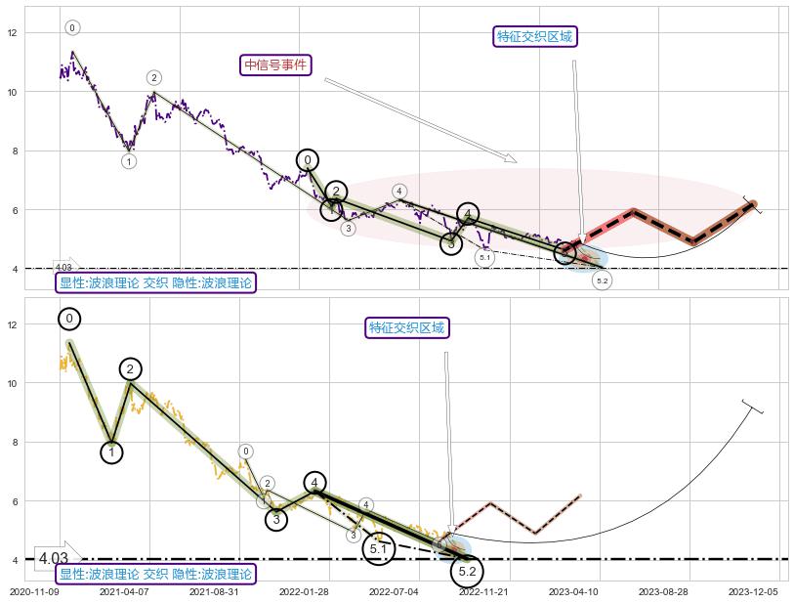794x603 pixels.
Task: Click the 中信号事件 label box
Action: [275, 65]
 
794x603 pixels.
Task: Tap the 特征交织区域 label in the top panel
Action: [534, 37]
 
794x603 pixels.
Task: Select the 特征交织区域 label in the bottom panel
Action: [406, 327]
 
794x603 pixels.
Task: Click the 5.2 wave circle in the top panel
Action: [602, 280]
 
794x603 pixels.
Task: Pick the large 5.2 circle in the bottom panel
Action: [467, 571]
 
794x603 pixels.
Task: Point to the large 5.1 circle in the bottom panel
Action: [379, 549]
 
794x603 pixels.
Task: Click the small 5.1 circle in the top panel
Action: [484, 257]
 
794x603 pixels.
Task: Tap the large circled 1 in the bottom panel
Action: [111, 452]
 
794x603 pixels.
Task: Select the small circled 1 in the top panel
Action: [129, 161]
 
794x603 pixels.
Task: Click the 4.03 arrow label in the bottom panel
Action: [56, 558]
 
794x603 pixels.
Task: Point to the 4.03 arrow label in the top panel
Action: [64, 267]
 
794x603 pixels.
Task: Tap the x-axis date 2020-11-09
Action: [35, 592]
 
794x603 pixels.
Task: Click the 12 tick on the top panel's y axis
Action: [13, 33]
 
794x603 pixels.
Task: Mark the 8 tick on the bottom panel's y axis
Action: [13, 442]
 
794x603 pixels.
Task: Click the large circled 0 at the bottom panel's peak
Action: [69, 319]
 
